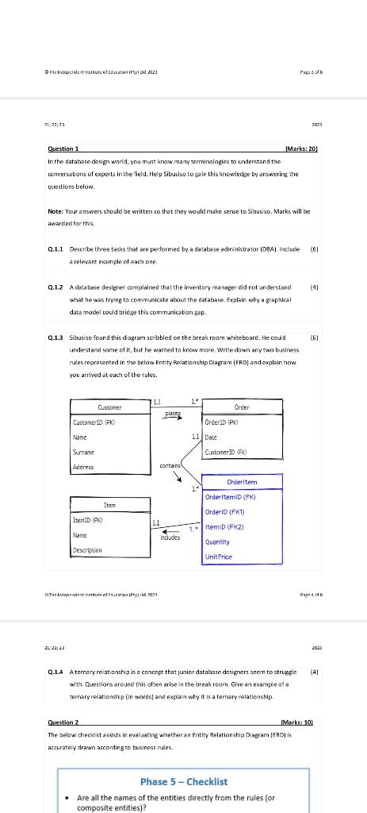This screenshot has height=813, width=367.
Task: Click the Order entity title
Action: (242, 407)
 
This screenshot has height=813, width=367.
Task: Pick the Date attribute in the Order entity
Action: (211, 437)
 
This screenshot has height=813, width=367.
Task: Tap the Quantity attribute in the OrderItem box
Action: (218, 542)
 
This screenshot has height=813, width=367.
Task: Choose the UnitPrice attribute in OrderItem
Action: (219, 557)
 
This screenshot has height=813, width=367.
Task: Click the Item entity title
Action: (109, 504)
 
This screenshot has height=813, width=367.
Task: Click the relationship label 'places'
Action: (173, 414)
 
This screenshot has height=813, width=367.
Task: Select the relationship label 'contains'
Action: (170, 466)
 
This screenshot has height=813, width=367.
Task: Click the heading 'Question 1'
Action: (63, 149)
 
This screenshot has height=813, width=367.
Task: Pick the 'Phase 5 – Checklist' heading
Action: (183, 781)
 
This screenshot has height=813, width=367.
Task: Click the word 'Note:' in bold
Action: (56, 213)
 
